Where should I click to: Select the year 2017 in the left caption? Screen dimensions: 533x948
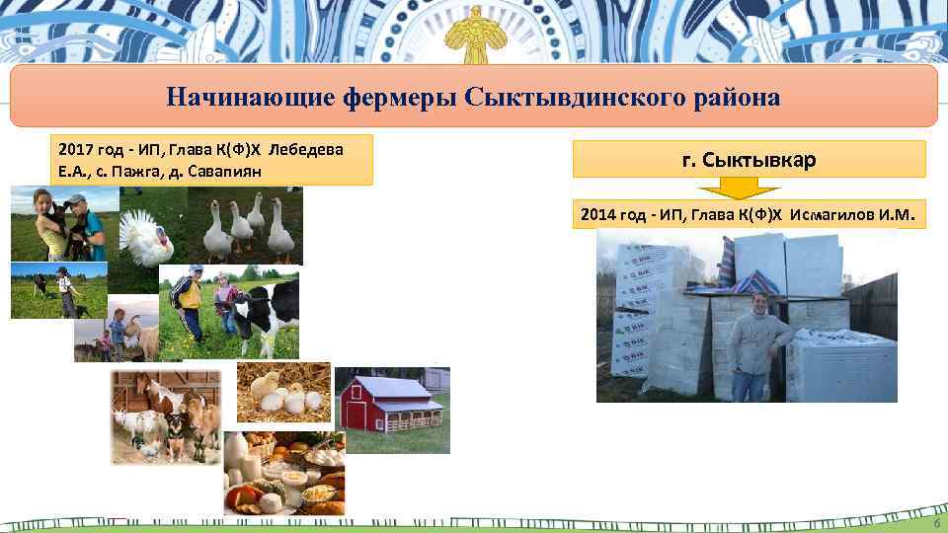[x=76, y=150]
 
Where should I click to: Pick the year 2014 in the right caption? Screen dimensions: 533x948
[x=598, y=213]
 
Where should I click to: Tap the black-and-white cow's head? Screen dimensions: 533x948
[x=246, y=311]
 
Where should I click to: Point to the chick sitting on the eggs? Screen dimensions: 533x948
[x=265, y=383]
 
